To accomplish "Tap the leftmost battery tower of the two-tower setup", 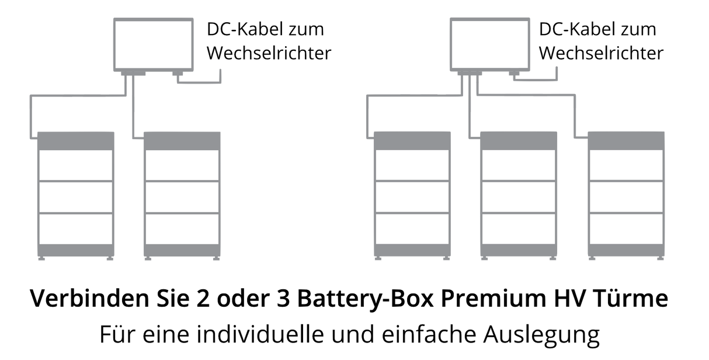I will [x=75, y=196].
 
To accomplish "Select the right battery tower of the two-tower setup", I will [x=183, y=196].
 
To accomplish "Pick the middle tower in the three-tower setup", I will [x=519, y=196].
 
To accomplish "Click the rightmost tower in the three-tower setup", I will [x=626, y=196].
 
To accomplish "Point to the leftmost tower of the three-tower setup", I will [x=412, y=196].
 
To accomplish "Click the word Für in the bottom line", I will [x=117, y=335].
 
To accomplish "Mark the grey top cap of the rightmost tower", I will [x=626, y=140].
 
